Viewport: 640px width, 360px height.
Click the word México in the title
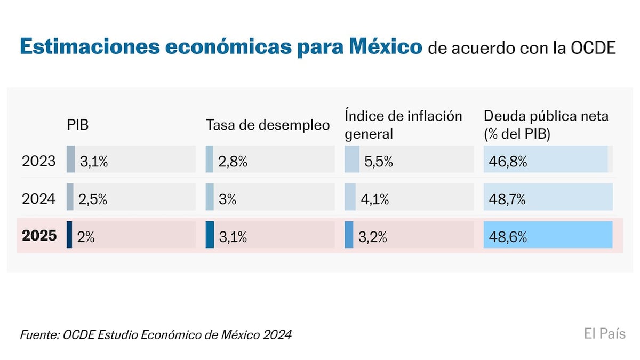pos(385,47)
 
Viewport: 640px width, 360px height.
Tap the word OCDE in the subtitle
pos(593,48)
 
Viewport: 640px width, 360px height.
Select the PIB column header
pos(77,125)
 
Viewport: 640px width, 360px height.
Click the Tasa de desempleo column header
pos(268,125)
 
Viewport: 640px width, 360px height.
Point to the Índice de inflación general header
pos(403,124)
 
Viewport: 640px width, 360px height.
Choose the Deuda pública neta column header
pos(546,124)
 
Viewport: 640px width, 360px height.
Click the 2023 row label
pos(38,161)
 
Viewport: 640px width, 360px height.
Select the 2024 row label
pos(38,199)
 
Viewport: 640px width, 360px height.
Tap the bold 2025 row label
pos(39,236)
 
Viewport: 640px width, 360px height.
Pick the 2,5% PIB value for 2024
pos(93,200)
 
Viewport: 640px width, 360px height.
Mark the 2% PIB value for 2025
pos(86,237)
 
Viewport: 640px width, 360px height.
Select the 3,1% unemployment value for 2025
pos(233,237)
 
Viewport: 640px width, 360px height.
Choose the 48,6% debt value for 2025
pos(508,237)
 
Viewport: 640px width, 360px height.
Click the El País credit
pos(604,334)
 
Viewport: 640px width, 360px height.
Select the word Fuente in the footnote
pos(39,335)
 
